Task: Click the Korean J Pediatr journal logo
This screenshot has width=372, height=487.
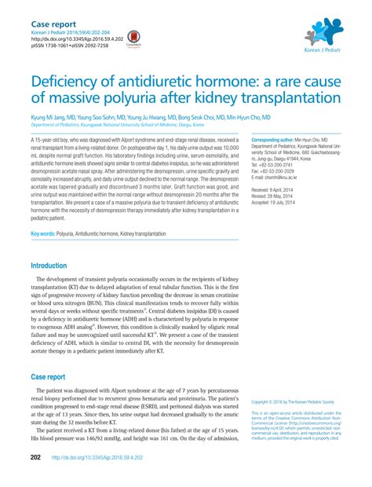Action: (x=321, y=33)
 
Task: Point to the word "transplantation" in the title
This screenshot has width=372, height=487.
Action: (x=273, y=98)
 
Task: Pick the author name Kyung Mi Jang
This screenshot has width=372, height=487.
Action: (x=49, y=116)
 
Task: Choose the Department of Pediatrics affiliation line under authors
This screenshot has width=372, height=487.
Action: (x=118, y=124)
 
